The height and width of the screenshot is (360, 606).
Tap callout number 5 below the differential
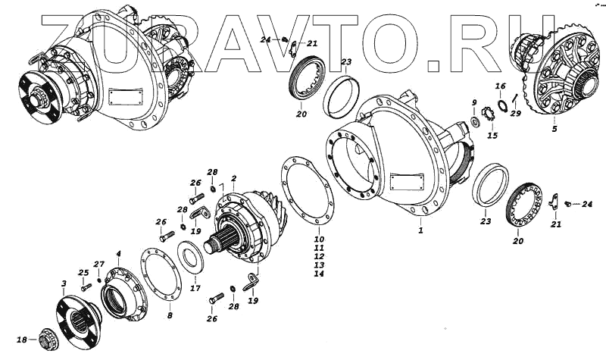click(x=554, y=129)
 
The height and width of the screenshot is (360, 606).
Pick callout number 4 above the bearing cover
click(x=118, y=253)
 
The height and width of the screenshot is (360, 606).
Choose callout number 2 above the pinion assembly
click(x=234, y=179)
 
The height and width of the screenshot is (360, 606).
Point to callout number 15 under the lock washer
click(x=492, y=136)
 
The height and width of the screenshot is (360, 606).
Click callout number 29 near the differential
click(x=516, y=114)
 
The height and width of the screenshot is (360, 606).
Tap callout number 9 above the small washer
click(x=474, y=103)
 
